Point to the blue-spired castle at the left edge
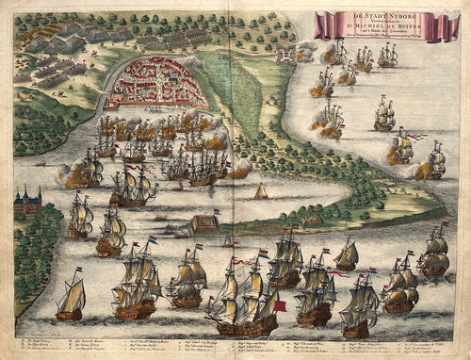click(x=26, y=203)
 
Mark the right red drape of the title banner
click(x=442, y=26)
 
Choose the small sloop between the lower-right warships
click(x=347, y=254)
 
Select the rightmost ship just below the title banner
click(x=387, y=55)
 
